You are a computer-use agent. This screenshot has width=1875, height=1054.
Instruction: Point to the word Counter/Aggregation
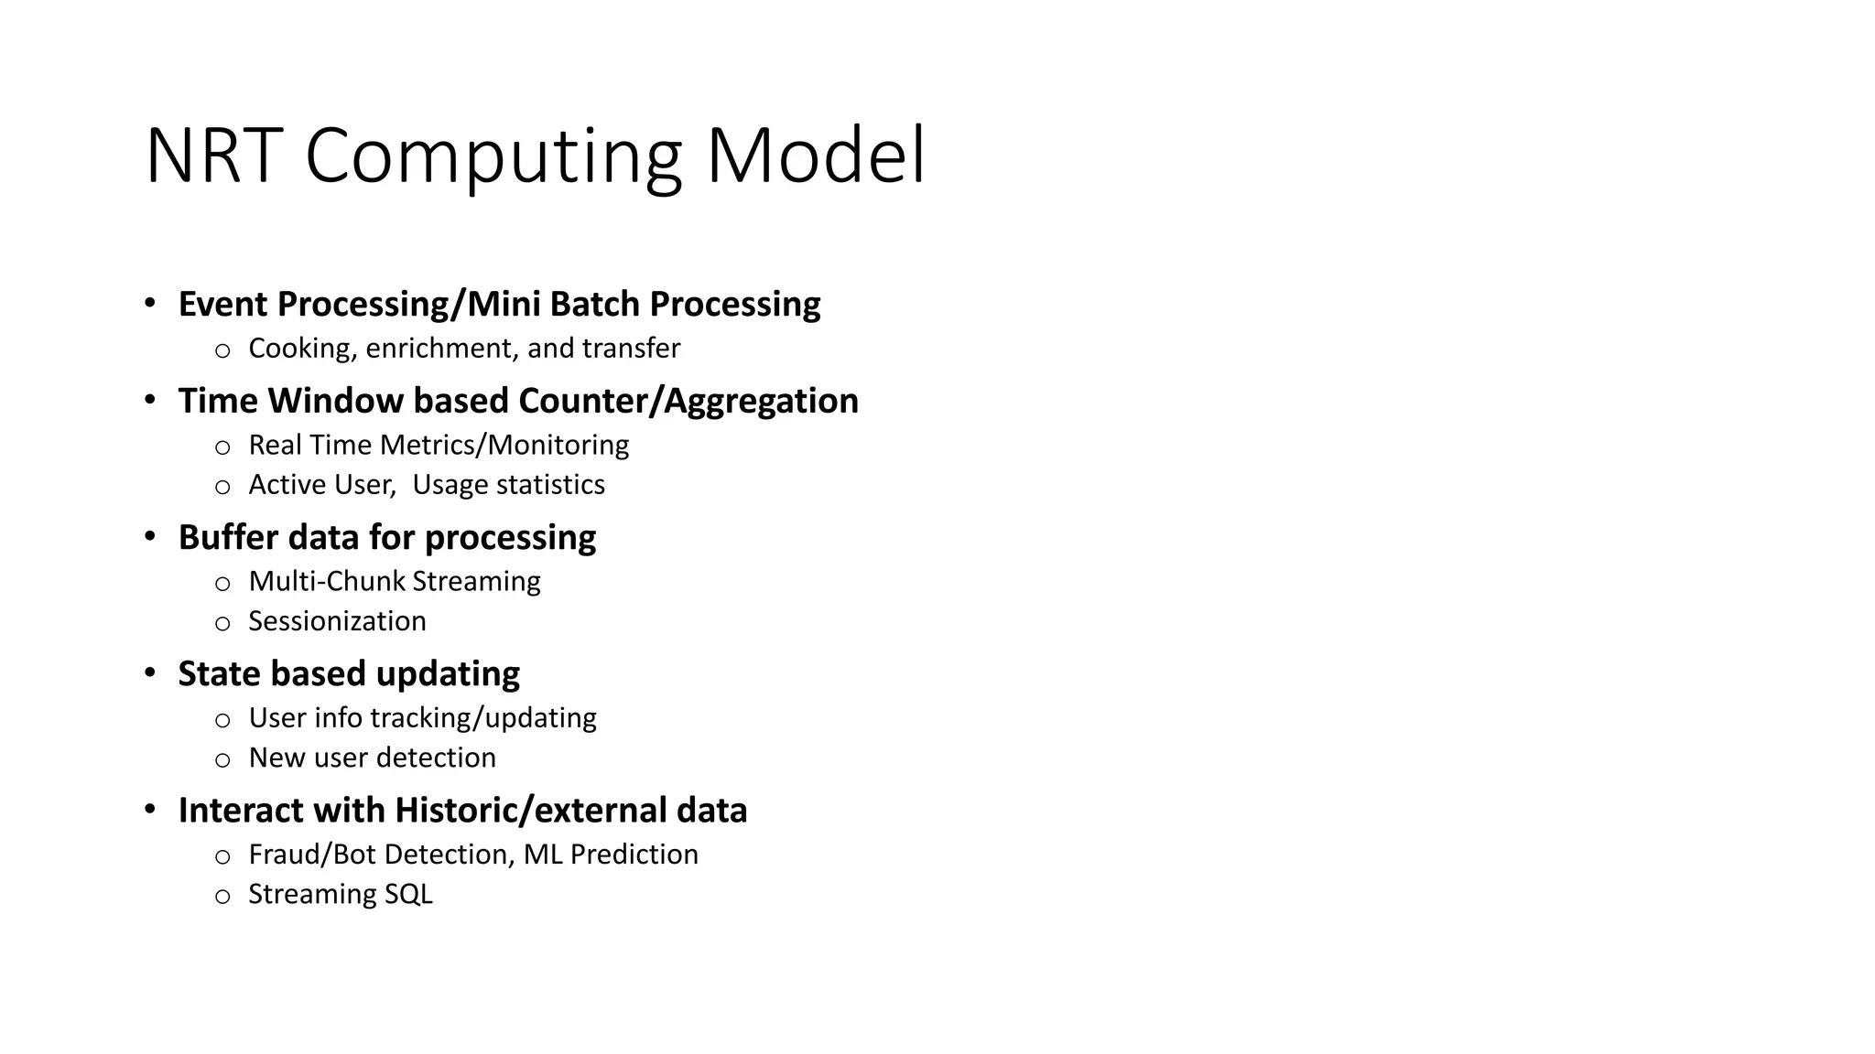click(x=688, y=401)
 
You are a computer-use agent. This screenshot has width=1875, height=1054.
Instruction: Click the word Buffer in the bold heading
click(x=227, y=537)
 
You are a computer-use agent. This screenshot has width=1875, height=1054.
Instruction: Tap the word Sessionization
click(x=337, y=621)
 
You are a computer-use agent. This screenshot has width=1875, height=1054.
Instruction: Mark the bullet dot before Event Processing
click(x=150, y=303)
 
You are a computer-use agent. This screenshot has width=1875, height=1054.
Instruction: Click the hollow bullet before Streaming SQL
click(x=222, y=897)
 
